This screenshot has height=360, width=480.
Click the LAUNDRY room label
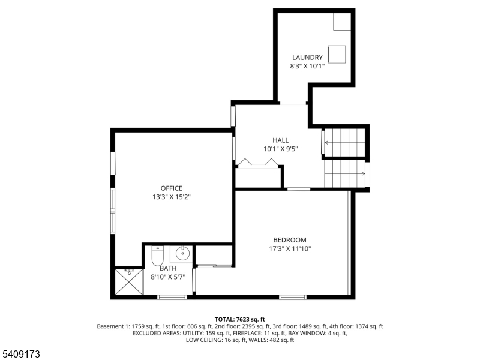coord(307,58)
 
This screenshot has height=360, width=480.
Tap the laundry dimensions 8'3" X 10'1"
coord(307,66)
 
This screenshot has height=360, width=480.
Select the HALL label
coord(280,140)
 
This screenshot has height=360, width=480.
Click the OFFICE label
coord(171,188)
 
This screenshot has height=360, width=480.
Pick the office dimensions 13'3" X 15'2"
coord(171,197)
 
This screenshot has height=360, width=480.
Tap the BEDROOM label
coord(290,240)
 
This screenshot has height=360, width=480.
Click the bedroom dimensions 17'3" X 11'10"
coord(290,248)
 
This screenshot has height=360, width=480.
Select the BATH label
coord(168,268)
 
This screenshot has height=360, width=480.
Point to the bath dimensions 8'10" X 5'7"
coord(168,277)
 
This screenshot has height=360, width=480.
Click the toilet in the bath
coord(157,256)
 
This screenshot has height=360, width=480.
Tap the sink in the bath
coord(182,254)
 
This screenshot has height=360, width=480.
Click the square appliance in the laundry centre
coord(337,53)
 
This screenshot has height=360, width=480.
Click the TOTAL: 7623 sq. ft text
coord(240,319)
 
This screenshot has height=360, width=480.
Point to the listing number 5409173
coord(21,354)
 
